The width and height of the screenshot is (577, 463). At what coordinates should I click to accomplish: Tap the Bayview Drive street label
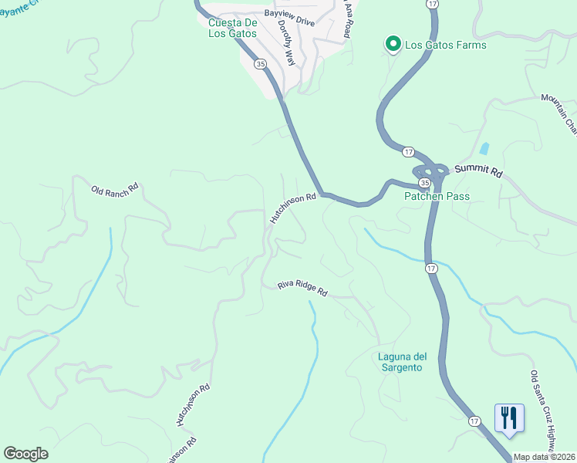tap(289, 18)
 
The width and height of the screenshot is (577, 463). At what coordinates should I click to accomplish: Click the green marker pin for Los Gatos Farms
tap(393, 45)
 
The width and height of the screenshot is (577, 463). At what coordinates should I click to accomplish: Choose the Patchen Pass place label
tap(437, 197)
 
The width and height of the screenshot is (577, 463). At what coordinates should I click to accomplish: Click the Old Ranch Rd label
tap(114, 188)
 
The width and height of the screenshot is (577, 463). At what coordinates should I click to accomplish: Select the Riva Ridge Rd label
tap(303, 290)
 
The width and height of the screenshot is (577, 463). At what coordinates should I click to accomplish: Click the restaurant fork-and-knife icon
tap(509, 418)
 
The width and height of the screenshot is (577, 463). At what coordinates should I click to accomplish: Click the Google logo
tap(25, 454)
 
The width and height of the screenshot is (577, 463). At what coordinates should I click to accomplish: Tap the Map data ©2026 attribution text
tap(544, 457)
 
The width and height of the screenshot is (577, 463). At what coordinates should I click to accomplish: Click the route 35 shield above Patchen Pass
tap(423, 182)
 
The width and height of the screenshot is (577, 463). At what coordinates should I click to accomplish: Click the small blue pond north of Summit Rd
tap(484, 148)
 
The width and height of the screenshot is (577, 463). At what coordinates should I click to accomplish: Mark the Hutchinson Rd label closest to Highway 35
tap(293, 208)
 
